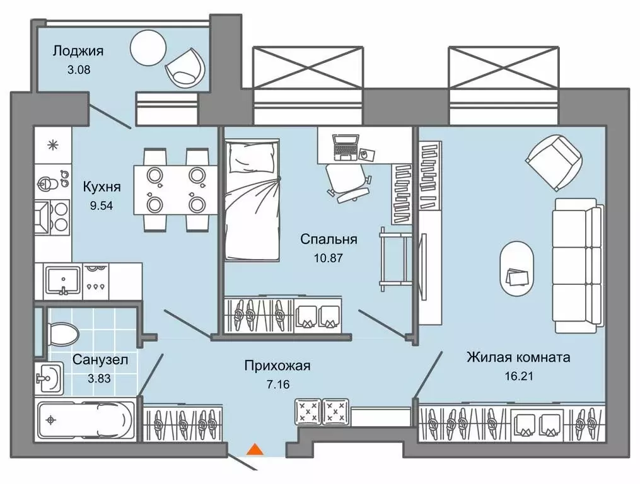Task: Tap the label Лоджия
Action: coord(78,51)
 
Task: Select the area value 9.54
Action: coord(102,205)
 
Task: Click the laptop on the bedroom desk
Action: coord(346,147)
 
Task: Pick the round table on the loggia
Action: coord(148,48)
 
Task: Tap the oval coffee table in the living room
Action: coord(516,268)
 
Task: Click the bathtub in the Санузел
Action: coord(85,420)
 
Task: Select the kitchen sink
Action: coord(63,281)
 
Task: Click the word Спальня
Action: coord(329,239)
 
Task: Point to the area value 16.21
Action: coord(519,376)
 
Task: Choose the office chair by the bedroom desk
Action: coord(348,182)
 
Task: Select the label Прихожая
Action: coord(277,366)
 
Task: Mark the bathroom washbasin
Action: coord(49,378)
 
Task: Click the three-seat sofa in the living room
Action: coord(578,265)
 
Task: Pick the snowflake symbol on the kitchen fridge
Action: coord(53,145)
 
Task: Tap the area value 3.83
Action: coord(99,379)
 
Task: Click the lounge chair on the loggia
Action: coord(185,67)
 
